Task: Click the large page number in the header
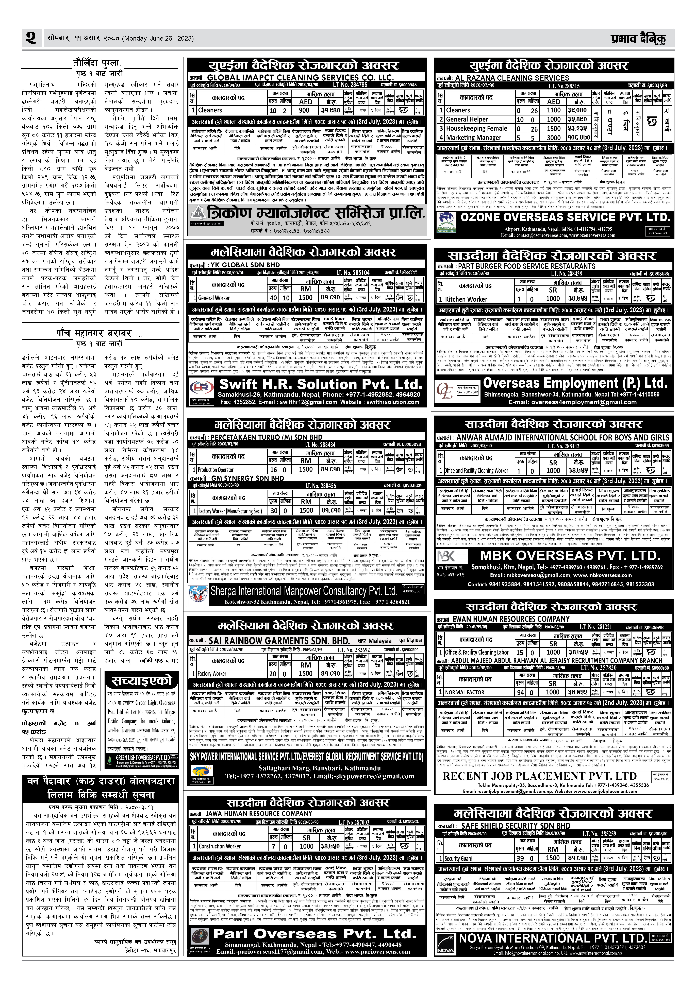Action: pos(31,38)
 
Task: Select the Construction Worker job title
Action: pos(220,846)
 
